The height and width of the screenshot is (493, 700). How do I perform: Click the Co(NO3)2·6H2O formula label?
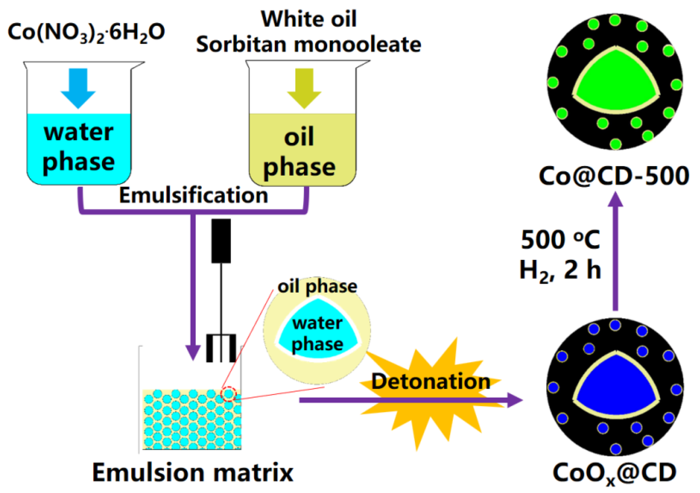[86, 33]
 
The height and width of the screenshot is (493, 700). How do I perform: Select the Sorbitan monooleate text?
[308, 45]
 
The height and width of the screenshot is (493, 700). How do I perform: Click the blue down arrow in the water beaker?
[78, 88]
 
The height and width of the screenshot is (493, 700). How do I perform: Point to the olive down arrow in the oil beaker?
[304, 88]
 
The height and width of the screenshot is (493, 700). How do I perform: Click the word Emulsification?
[193, 195]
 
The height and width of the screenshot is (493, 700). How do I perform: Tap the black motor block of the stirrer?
[221, 241]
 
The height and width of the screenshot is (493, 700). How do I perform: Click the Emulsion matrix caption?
[193, 472]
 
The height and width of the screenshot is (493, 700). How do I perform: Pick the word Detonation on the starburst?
[431, 381]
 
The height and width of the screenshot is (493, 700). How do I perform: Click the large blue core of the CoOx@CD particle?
[615, 387]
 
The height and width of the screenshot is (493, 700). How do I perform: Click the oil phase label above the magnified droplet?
[317, 286]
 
